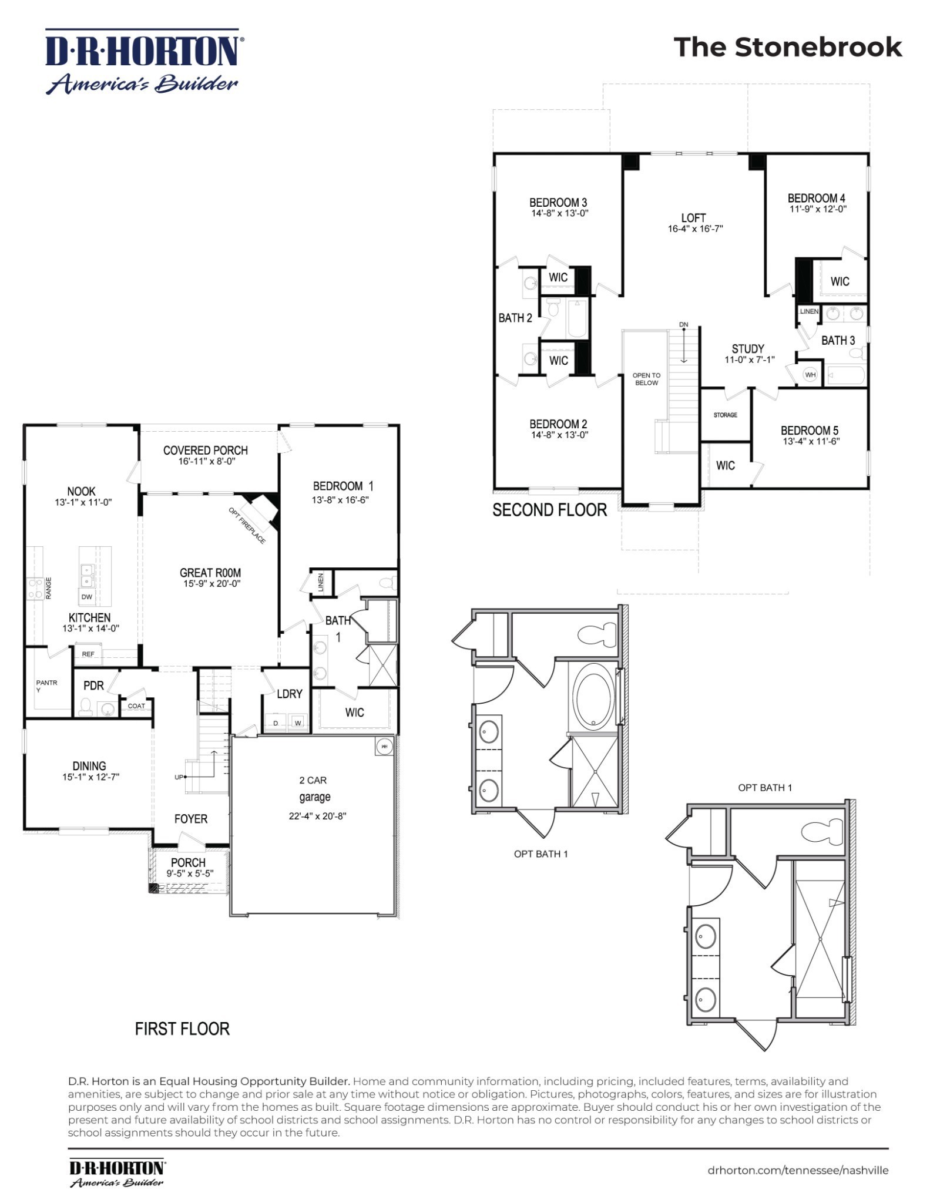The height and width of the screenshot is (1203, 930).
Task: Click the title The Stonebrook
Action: (x=787, y=48)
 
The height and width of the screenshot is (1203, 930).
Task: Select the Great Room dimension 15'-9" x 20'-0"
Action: (x=211, y=584)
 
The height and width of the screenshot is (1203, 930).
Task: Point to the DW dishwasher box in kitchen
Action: (x=87, y=597)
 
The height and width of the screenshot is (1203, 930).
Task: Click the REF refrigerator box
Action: (x=88, y=654)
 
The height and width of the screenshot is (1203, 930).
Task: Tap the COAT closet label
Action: (x=136, y=706)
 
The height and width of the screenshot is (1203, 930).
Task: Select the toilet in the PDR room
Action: (x=86, y=707)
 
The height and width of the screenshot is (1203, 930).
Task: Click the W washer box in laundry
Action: (x=298, y=723)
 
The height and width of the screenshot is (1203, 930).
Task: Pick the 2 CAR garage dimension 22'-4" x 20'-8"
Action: (x=317, y=816)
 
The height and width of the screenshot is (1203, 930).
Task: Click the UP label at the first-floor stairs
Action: (x=179, y=777)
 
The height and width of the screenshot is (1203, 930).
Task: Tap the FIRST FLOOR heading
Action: (x=182, y=1029)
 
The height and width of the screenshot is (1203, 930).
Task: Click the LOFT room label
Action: (x=693, y=218)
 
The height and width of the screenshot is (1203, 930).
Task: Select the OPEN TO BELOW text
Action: (x=646, y=379)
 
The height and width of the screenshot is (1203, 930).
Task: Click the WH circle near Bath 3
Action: (x=810, y=375)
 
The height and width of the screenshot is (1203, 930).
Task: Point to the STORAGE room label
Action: (x=725, y=415)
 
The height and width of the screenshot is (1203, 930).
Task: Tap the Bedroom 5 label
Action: (x=809, y=430)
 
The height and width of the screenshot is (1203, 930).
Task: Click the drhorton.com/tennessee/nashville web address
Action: (x=798, y=1170)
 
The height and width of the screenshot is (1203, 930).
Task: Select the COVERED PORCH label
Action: (x=205, y=451)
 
